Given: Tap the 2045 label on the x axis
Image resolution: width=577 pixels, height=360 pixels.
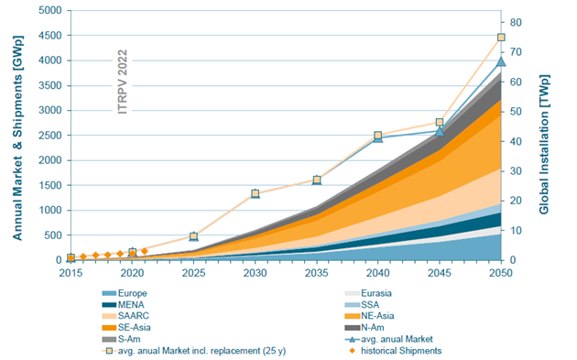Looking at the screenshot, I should click(x=439, y=273).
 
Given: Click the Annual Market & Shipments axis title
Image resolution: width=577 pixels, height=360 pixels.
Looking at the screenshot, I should click(x=16, y=135).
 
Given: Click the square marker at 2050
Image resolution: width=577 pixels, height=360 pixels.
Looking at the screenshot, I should click(x=501, y=38).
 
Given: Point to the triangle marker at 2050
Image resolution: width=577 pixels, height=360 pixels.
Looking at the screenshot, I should click(x=501, y=61).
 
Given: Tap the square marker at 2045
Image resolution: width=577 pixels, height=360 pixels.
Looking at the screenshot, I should click(x=440, y=122).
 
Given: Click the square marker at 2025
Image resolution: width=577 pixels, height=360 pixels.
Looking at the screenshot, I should click(x=193, y=236).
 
